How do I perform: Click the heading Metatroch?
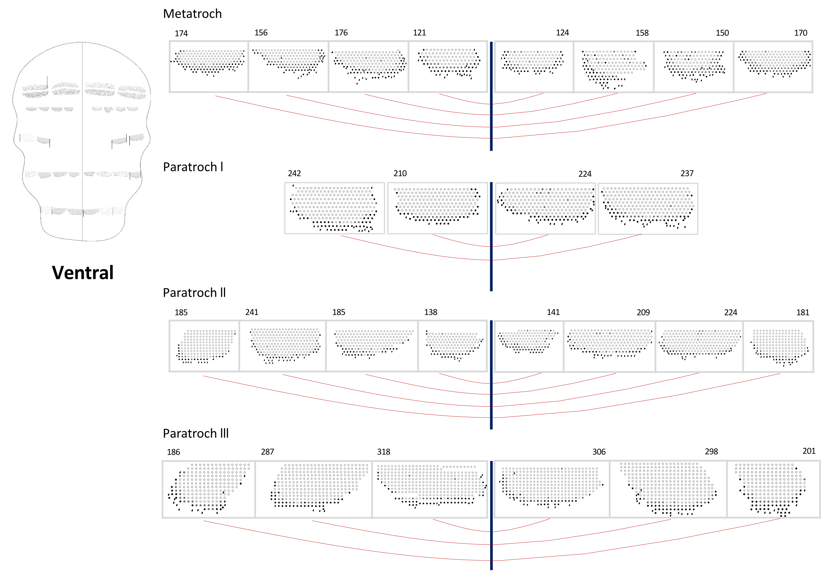(192, 14)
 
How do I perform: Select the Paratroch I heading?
(193, 167)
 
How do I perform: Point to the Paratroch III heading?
(196, 433)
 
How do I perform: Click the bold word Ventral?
(83, 272)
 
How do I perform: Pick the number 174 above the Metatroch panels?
(181, 33)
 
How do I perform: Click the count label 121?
(419, 33)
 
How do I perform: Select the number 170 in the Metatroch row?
(801, 33)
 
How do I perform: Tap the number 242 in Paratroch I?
(294, 173)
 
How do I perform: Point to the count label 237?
(687, 173)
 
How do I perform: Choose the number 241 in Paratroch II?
(251, 312)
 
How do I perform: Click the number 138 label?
(431, 312)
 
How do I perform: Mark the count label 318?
(383, 452)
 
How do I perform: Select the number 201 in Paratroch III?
(809, 451)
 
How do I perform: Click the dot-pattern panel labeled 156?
(288, 66)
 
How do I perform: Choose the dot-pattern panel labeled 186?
(209, 489)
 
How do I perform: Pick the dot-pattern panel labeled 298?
(668, 489)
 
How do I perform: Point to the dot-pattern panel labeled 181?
(778, 346)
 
